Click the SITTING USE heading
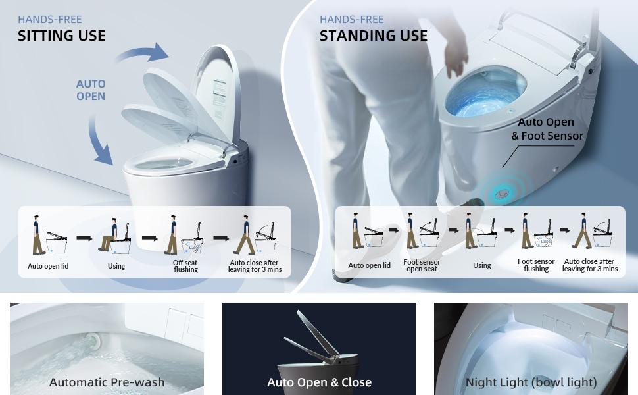tap(61, 36)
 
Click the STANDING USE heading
tap(373, 36)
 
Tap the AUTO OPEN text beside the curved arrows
tap(91, 90)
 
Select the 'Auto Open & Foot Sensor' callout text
tap(547, 129)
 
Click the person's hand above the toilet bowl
tap(456, 58)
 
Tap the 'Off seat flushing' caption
tap(185, 266)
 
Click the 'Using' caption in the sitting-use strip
tap(116, 266)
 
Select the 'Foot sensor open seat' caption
tap(422, 265)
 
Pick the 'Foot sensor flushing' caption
tap(536, 265)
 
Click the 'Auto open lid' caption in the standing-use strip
tap(369, 265)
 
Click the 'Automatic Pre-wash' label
tap(107, 382)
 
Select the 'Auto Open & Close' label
tap(319, 382)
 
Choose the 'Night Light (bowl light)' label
tap(531, 382)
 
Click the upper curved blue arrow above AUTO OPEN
tap(143, 53)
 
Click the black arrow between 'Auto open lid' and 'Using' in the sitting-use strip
tap(84, 238)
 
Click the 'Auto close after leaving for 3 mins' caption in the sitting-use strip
tap(255, 266)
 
